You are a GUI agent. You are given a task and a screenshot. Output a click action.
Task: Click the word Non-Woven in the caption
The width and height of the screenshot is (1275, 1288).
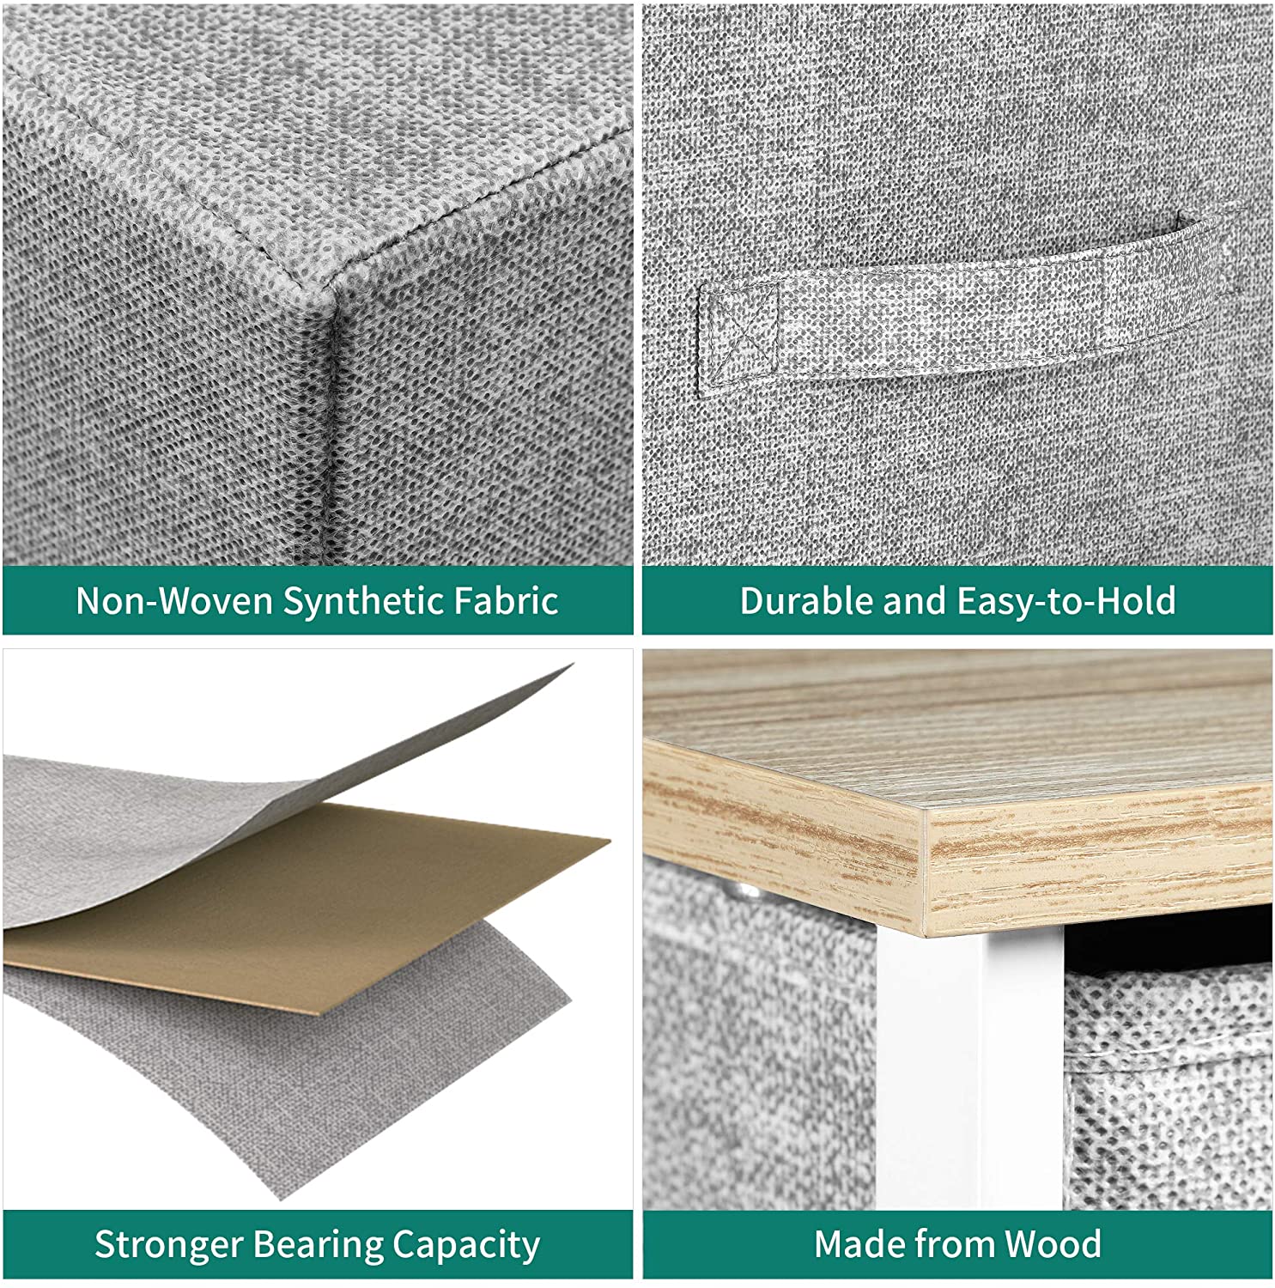click(x=174, y=601)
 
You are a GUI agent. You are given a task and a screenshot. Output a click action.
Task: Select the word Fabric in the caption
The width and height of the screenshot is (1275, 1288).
click(x=511, y=601)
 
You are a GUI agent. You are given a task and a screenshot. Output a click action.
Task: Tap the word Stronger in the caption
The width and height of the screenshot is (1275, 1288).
click(x=168, y=1244)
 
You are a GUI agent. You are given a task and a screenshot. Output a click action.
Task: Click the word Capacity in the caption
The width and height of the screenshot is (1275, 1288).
click(x=466, y=1244)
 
